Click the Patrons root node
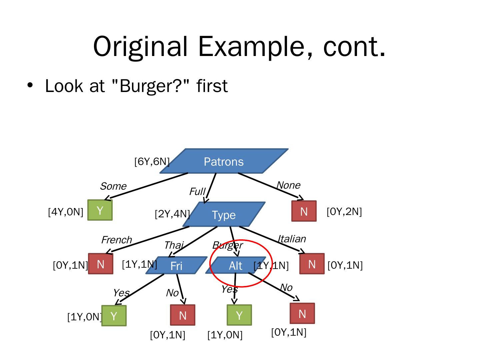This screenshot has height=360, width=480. [224, 161]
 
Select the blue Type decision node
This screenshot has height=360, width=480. [224, 215]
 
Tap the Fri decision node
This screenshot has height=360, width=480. [176, 266]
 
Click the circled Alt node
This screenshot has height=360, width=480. [236, 266]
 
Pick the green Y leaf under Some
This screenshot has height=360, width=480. [100, 210]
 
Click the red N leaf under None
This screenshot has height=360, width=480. [304, 211]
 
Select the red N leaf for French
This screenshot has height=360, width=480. [100, 264]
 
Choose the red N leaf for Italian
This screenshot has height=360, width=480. [312, 264]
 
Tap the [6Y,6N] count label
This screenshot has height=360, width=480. [152, 162]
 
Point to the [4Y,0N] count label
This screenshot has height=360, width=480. [65, 212]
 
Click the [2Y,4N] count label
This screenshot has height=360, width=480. [172, 214]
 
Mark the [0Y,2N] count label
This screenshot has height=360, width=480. [344, 211]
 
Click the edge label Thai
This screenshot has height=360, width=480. [173, 245]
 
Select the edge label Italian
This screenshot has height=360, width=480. [292, 239]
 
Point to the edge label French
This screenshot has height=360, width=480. [116, 240]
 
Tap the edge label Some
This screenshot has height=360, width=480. [113, 186]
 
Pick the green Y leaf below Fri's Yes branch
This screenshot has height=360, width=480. [114, 316]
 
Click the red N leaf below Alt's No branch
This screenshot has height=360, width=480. [302, 314]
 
